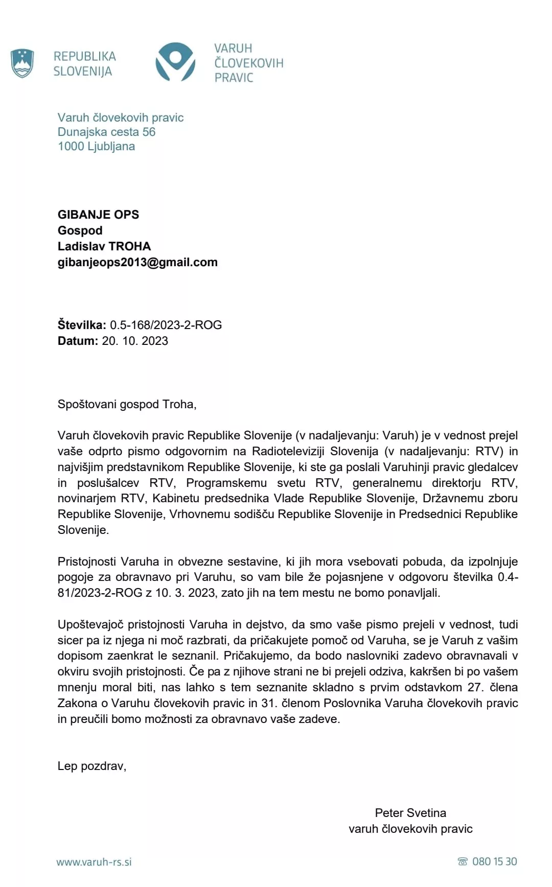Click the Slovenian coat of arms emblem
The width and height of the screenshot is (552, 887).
pos(22,63)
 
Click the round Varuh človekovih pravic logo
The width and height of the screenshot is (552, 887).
pos(175,62)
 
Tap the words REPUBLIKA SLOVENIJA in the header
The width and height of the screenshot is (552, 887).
pos(84,64)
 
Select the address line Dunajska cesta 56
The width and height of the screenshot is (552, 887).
pos(106,132)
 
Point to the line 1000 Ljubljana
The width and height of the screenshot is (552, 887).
pos(96,147)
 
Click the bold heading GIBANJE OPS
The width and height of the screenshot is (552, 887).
pos(98,215)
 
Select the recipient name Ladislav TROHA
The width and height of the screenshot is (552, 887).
pos(104,246)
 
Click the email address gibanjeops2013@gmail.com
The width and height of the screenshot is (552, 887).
pos(137,262)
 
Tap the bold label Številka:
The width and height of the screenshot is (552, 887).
pos(82,325)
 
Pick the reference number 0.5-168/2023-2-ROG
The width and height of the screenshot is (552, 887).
pos(166,325)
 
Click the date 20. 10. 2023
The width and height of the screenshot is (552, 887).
pos(135,341)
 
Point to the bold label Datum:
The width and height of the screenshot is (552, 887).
pos(78,341)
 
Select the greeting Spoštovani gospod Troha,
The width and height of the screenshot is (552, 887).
pos(127,404)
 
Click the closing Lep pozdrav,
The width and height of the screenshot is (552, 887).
pos(92,766)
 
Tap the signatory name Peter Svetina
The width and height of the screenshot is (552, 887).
pos(410,813)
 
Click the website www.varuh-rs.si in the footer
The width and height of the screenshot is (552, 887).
pos(94,862)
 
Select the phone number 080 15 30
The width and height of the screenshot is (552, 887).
pos(495,861)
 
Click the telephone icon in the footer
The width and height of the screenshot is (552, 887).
pos(463,862)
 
